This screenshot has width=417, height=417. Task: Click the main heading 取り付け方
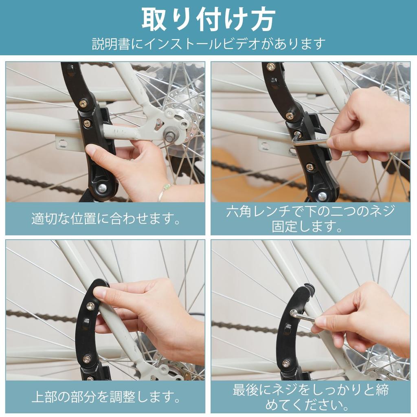click(x=208, y=19)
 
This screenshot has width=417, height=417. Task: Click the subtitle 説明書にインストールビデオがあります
click(x=208, y=43)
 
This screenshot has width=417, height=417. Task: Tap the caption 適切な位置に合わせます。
click(x=105, y=219)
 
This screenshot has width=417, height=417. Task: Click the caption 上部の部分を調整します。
click(x=105, y=396)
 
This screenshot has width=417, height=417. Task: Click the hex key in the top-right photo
click(x=309, y=141)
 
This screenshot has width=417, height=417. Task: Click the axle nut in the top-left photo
click(x=169, y=135)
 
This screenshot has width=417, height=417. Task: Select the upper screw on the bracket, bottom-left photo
click(x=90, y=305)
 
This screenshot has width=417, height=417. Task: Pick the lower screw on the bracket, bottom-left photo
click(x=87, y=359)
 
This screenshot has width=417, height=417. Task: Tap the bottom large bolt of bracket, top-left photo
click(x=101, y=188)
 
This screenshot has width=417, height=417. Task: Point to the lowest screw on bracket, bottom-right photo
click(x=286, y=363)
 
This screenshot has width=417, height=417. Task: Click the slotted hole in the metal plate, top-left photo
click(x=62, y=143)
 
